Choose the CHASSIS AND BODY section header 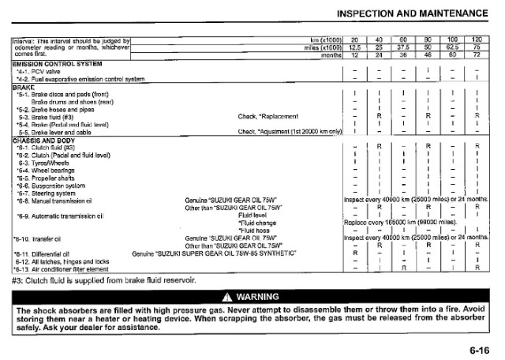point(46,139)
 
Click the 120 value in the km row point(476,39)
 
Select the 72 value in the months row point(476,55)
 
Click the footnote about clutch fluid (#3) point(103,280)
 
